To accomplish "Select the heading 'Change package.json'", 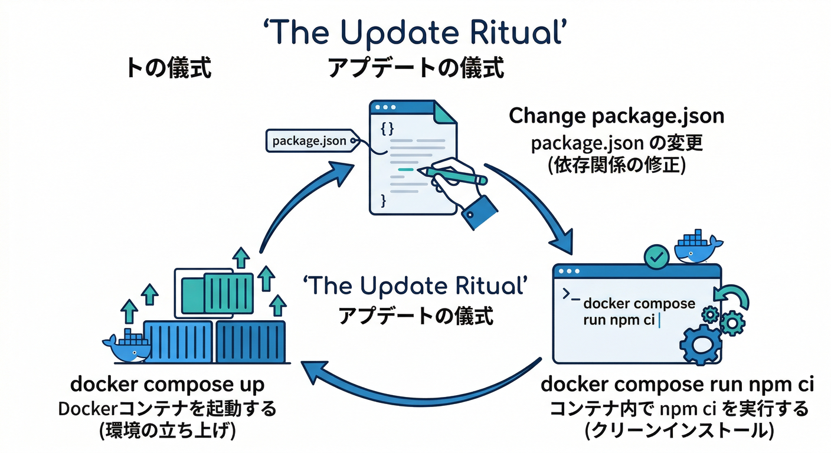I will point(616,116).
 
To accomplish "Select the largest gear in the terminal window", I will point(701,344).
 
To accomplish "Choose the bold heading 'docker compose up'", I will point(168,385).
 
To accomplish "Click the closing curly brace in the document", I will point(383,201).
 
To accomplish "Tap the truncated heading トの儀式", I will point(169,68).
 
